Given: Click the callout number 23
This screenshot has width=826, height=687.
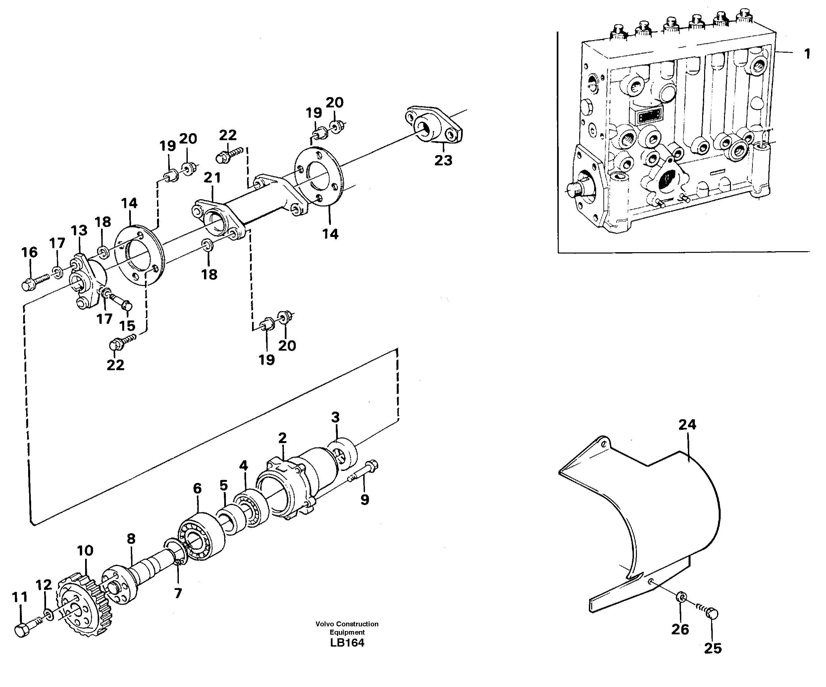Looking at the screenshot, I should point(443,160).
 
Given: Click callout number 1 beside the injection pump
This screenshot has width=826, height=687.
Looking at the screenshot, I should point(807,54).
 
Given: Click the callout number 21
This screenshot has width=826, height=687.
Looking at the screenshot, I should point(212,178).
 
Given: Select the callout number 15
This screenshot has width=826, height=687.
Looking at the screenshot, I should point(127,326).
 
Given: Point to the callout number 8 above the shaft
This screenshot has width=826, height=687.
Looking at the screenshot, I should point(131,539).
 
